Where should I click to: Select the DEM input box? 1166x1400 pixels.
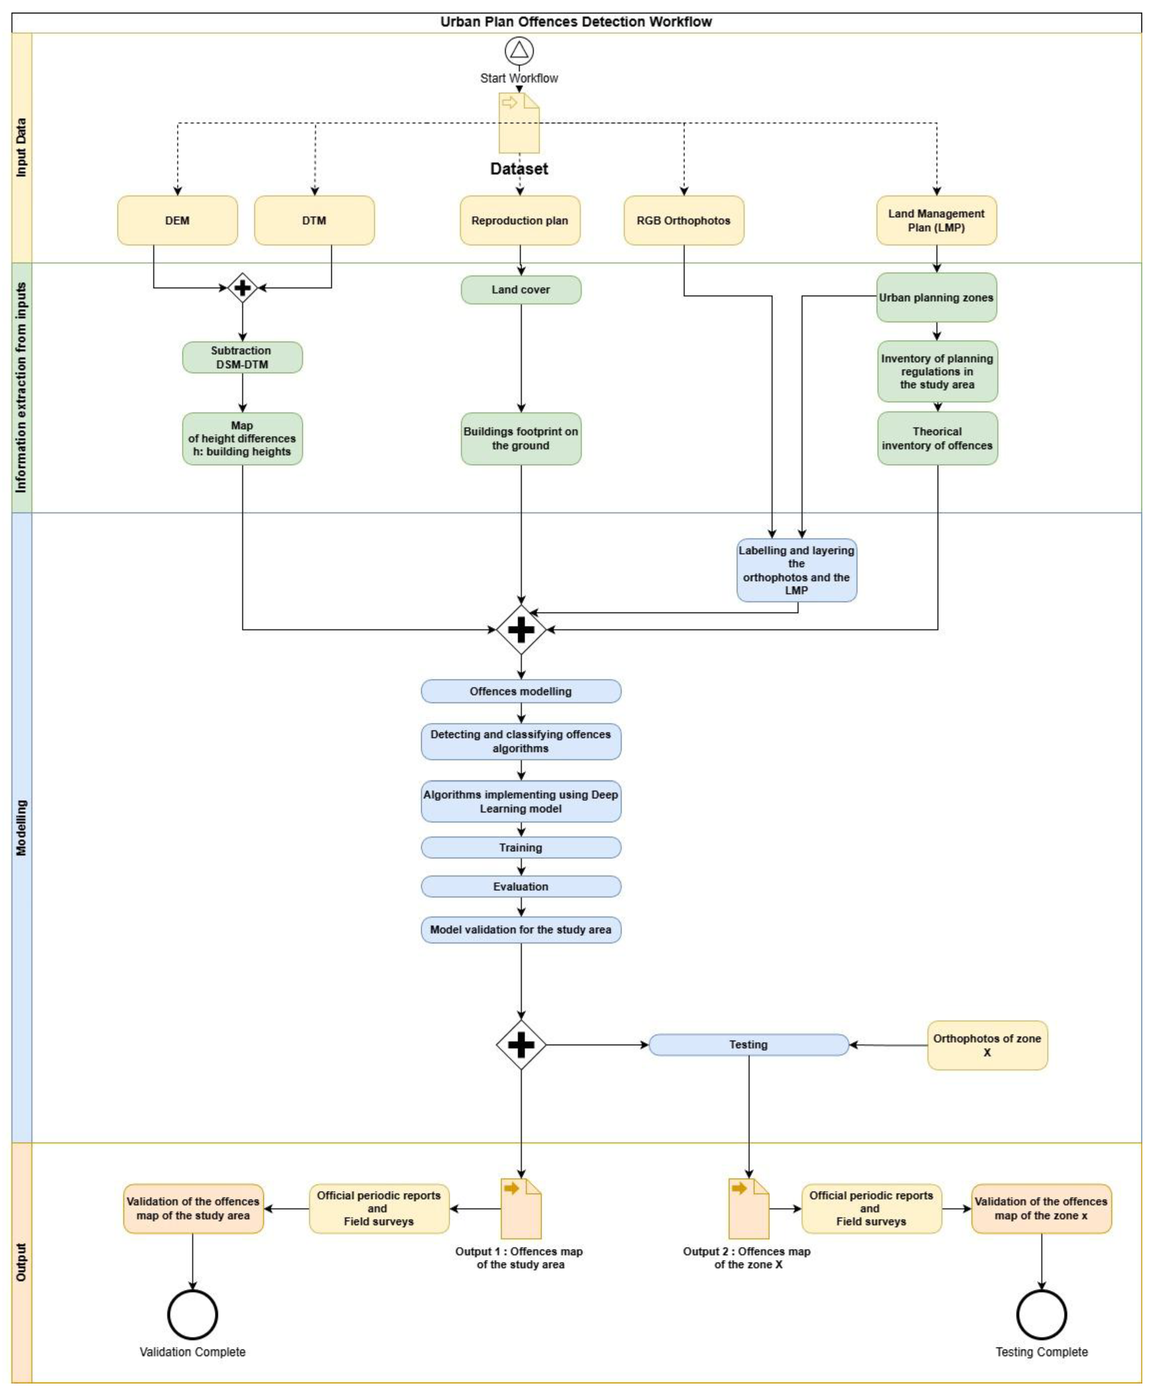(177, 221)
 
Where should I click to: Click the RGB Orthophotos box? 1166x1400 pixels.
(683, 221)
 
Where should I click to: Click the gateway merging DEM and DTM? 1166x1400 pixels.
(242, 288)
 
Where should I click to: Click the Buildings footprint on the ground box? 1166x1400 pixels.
(521, 439)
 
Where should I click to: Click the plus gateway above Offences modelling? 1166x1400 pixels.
(521, 629)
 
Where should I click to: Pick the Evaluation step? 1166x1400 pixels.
(521, 887)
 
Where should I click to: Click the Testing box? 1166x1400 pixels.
(748, 1045)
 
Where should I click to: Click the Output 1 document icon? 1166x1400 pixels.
(521, 1209)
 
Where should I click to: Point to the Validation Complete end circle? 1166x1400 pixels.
(193, 1315)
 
